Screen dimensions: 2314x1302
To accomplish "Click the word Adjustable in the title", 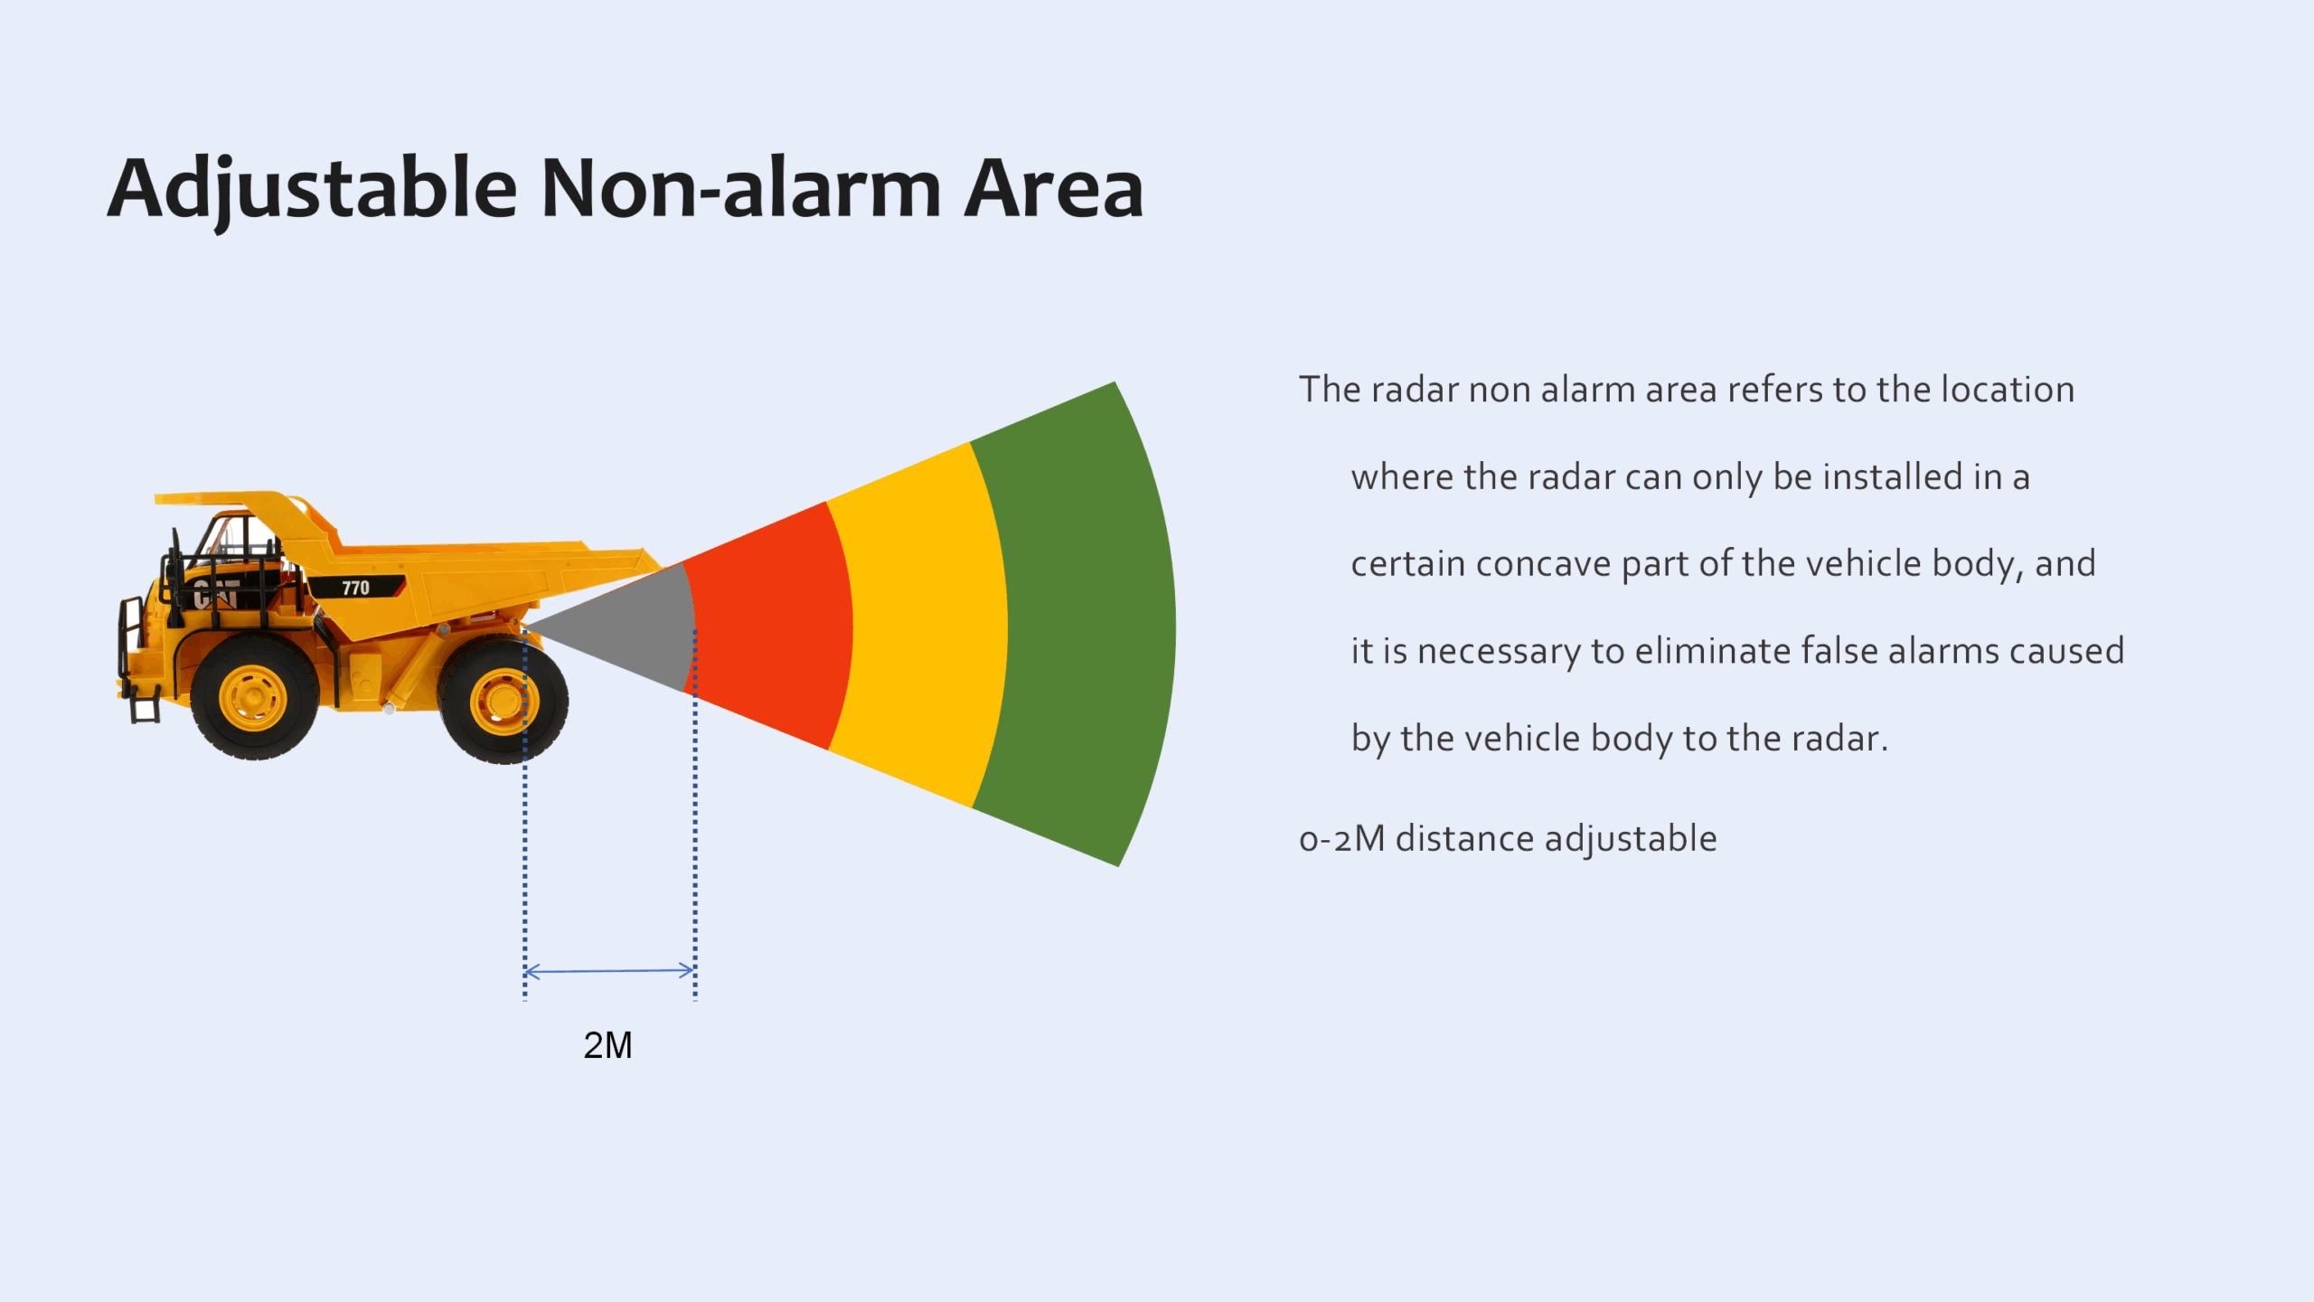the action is pyautogui.click(x=312, y=190).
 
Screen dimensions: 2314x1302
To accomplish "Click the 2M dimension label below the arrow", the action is pyautogui.click(x=607, y=1045).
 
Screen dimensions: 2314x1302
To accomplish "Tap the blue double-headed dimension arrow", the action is pyautogui.click(x=609, y=971).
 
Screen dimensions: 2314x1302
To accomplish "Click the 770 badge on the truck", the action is pyautogui.click(x=355, y=588).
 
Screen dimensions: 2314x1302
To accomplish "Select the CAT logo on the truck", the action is pyautogui.click(x=216, y=594).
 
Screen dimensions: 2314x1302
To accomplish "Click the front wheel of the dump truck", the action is pyautogui.click(x=254, y=696).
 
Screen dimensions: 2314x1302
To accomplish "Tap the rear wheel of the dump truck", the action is pyautogui.click(x=503, y=700).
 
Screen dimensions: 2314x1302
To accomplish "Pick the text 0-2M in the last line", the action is pyautogui.click(x=1342, y=839).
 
